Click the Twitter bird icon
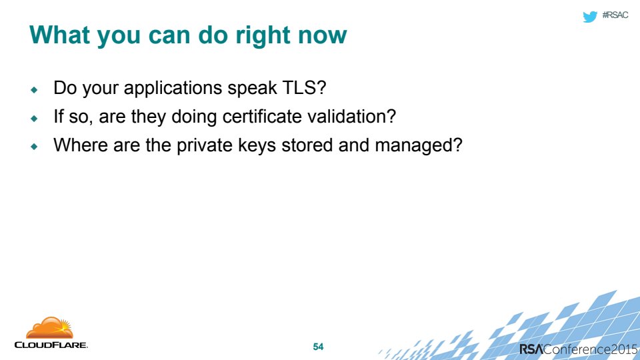[590, 16]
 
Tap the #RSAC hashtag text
[615, 15]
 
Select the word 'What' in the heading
[59, 35]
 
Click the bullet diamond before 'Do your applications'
[34, 89]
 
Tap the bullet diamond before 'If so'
[34, 118]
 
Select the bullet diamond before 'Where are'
[34, 146]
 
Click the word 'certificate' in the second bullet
[262, 116]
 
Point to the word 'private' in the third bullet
[205, 146]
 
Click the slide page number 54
[318, 347]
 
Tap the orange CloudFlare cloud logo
[50, 328]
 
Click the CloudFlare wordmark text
[51, 345]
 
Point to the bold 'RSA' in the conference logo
[531, 349]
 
